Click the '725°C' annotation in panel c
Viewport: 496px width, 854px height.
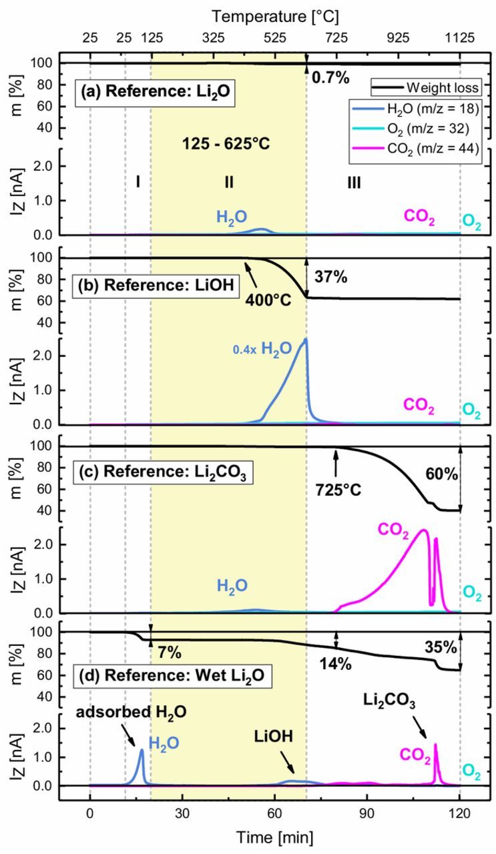point(338,490)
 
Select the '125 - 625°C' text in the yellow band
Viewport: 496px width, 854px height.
point(226,143)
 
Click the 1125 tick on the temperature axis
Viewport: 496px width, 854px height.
point(460,38)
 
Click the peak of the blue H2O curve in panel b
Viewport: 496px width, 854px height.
point(306,340)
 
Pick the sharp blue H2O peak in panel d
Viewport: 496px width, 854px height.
point(142,750)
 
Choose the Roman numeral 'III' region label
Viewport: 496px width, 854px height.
point(354,181)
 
